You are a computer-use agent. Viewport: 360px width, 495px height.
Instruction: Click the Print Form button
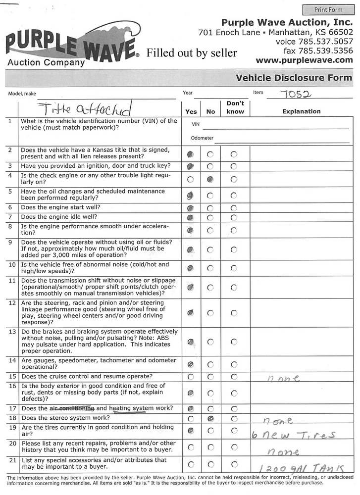(x=328, y=9)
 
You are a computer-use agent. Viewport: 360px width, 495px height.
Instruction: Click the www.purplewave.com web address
(x=304, y=60)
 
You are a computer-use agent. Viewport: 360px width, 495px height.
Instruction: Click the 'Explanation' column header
(x=301, y=111)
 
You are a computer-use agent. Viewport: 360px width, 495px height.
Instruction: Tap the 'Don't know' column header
(x=235, y=107)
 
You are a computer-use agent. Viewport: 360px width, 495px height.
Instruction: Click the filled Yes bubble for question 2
(x=191, y=154)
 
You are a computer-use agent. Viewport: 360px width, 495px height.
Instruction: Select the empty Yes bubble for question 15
(x=191, y=377)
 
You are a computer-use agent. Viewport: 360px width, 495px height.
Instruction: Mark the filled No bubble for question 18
(x=210, y=419)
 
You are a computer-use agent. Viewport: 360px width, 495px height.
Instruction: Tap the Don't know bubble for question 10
(x=234, y=268)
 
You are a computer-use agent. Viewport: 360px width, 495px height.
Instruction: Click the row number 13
(x=10, y=332)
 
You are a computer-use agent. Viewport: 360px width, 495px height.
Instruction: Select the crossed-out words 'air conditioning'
(x=72, y=408)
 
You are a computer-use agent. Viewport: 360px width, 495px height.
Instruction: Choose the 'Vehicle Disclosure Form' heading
(x=294, y=78)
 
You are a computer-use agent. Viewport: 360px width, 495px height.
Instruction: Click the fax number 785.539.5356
(x=318, y=50)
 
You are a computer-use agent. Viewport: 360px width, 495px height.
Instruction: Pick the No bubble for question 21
(x=210, y=464)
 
